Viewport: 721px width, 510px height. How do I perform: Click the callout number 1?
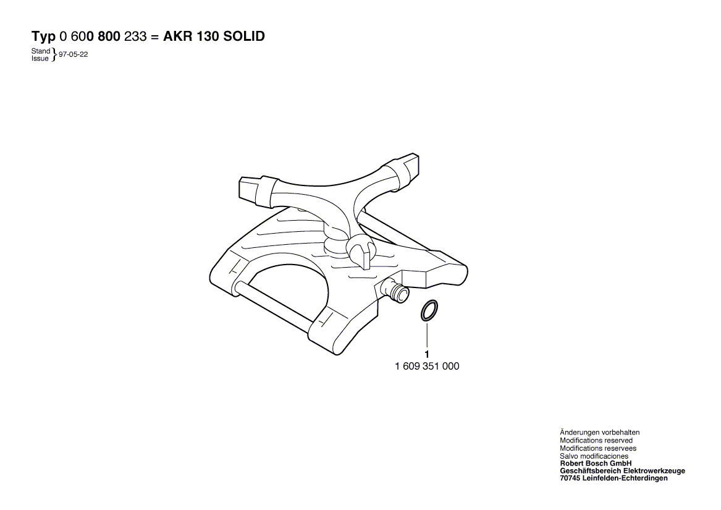click(427, 354)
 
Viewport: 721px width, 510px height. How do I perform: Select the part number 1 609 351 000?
click(427, 367)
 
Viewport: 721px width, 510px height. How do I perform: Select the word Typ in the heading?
click(44, 37)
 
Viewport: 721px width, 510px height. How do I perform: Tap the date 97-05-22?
click(73, 54)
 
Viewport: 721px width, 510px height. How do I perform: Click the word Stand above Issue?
click(40, 51)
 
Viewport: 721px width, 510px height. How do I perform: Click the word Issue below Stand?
click(40, 59)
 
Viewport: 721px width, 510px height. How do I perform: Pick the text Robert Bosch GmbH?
click(596, 464)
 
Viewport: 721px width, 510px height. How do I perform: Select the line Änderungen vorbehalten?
click(600, 432)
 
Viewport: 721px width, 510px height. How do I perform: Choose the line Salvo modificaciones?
click(594, 456)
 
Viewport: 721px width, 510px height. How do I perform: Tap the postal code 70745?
click(570, 478)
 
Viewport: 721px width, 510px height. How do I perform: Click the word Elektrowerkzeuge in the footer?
click(654, 471)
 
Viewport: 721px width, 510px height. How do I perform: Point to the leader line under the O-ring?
click(427, 334)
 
